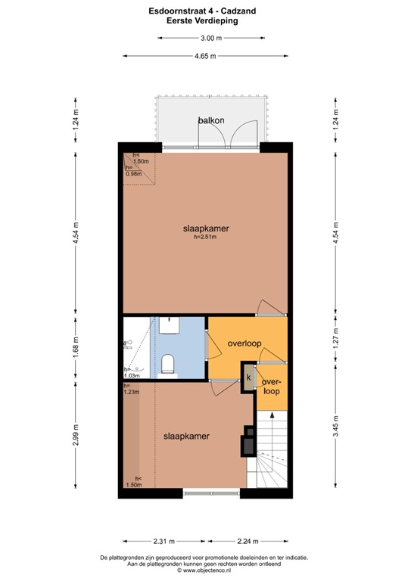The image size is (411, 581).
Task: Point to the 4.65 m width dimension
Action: click(x=205, y=56)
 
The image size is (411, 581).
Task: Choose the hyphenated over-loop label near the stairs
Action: click(x=271, y=387)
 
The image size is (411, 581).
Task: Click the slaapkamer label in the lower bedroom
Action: click(x=186, y=436)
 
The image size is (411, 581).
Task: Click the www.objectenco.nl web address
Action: click(x=205, y=570)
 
